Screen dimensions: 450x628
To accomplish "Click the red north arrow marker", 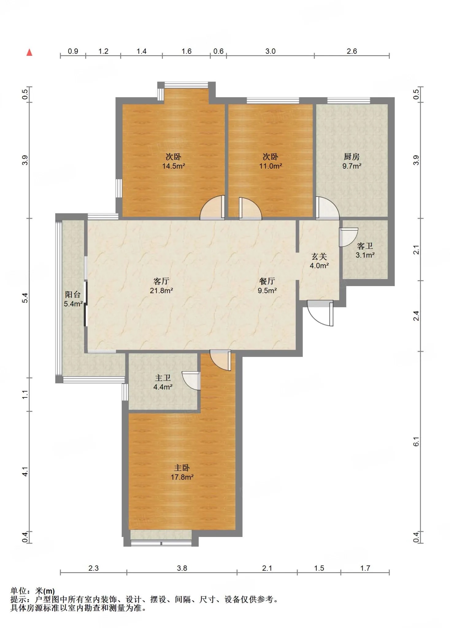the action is pos(29,52).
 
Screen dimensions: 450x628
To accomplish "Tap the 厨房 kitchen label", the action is pos(352,157).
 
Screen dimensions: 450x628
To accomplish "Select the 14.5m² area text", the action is pos(174,166).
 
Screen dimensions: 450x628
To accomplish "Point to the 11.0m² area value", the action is pos(271,166).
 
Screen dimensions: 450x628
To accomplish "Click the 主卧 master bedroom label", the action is pos(182,468).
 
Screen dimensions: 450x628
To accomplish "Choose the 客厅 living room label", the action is pos(161,281).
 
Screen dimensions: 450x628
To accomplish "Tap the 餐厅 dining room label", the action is pos(267,281).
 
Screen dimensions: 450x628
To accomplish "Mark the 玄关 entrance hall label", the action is pos(319,256).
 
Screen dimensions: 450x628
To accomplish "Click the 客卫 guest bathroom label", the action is pos(365,246).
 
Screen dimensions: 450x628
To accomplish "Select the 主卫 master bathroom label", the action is pos(163,378).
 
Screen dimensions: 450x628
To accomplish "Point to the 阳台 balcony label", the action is pos(73,295).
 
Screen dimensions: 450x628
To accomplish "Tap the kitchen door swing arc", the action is pos(328,208).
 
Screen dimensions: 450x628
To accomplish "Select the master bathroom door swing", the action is pos(191,381).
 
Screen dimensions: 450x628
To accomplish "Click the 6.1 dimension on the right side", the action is pos(416,442).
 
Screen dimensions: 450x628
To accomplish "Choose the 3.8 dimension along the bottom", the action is pos(182,568).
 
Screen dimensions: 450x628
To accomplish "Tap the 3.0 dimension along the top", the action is pos(270,51).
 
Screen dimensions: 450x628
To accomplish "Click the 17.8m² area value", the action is pos(182,477).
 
